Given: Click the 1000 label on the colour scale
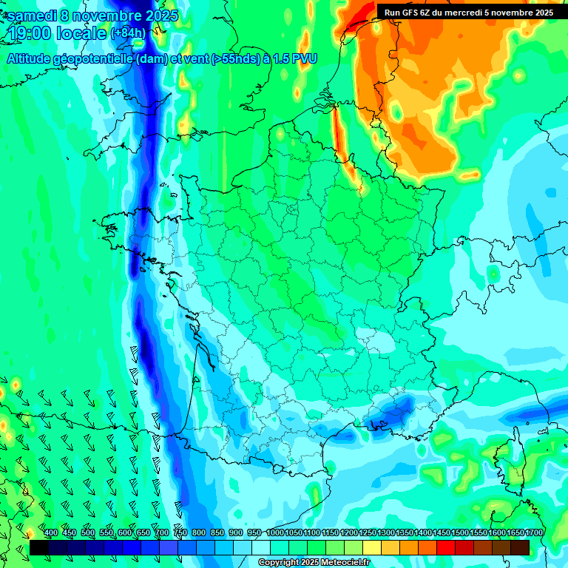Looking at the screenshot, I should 275,533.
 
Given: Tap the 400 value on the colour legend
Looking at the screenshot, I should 51,533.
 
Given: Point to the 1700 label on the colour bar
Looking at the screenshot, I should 534,533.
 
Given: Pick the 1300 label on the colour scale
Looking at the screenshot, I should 386,533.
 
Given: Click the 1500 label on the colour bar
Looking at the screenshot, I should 460,533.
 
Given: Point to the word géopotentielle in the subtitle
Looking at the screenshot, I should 93,59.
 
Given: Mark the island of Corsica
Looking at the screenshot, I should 509,455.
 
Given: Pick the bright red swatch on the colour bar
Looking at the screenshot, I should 446,548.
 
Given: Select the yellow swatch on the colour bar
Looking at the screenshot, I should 372,548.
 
